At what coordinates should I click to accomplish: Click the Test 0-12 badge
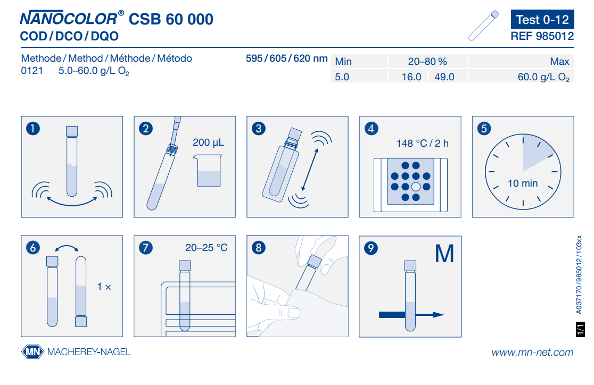point(542,19)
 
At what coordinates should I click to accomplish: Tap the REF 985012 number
point(542,36)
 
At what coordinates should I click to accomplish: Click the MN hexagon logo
point(32,352)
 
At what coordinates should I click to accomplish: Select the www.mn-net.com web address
point(532,353)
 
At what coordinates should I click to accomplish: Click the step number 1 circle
point(33,129)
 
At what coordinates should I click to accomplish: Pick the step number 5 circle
point(484,129)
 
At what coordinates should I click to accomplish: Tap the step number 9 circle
point(371,248)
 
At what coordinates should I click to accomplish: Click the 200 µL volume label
point(208,143)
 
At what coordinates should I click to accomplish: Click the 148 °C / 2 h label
point(423,144)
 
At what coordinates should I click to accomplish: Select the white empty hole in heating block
point(416,187)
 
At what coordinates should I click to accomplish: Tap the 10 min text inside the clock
point(523,183)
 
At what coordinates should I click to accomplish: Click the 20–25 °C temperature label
point(207,248)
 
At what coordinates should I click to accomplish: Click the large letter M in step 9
point(444,254)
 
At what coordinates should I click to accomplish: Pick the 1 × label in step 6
point(104,287)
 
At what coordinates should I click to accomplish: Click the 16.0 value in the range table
point(411,77)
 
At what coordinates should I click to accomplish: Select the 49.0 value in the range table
point(444,77)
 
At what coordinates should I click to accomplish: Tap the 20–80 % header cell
point(428,61)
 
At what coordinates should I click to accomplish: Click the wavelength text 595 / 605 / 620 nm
point(287,58)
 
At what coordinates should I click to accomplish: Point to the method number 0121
point(32,71)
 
